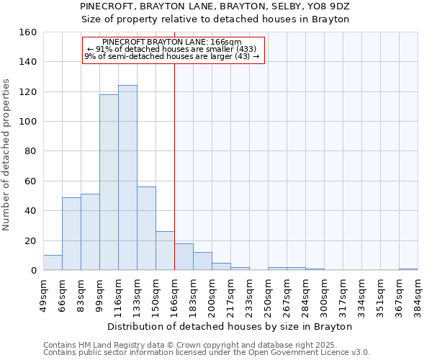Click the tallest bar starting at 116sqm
click(127, 178)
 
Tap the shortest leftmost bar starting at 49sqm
click(53, 263)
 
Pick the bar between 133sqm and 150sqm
click(146, 228)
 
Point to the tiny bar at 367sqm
click(408, 269)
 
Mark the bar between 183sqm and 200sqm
click(202, 261)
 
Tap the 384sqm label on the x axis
click(418, 296)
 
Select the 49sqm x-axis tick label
click(44, 296)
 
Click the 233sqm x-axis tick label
click(250, 296)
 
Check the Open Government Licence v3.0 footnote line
click(206, 353)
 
